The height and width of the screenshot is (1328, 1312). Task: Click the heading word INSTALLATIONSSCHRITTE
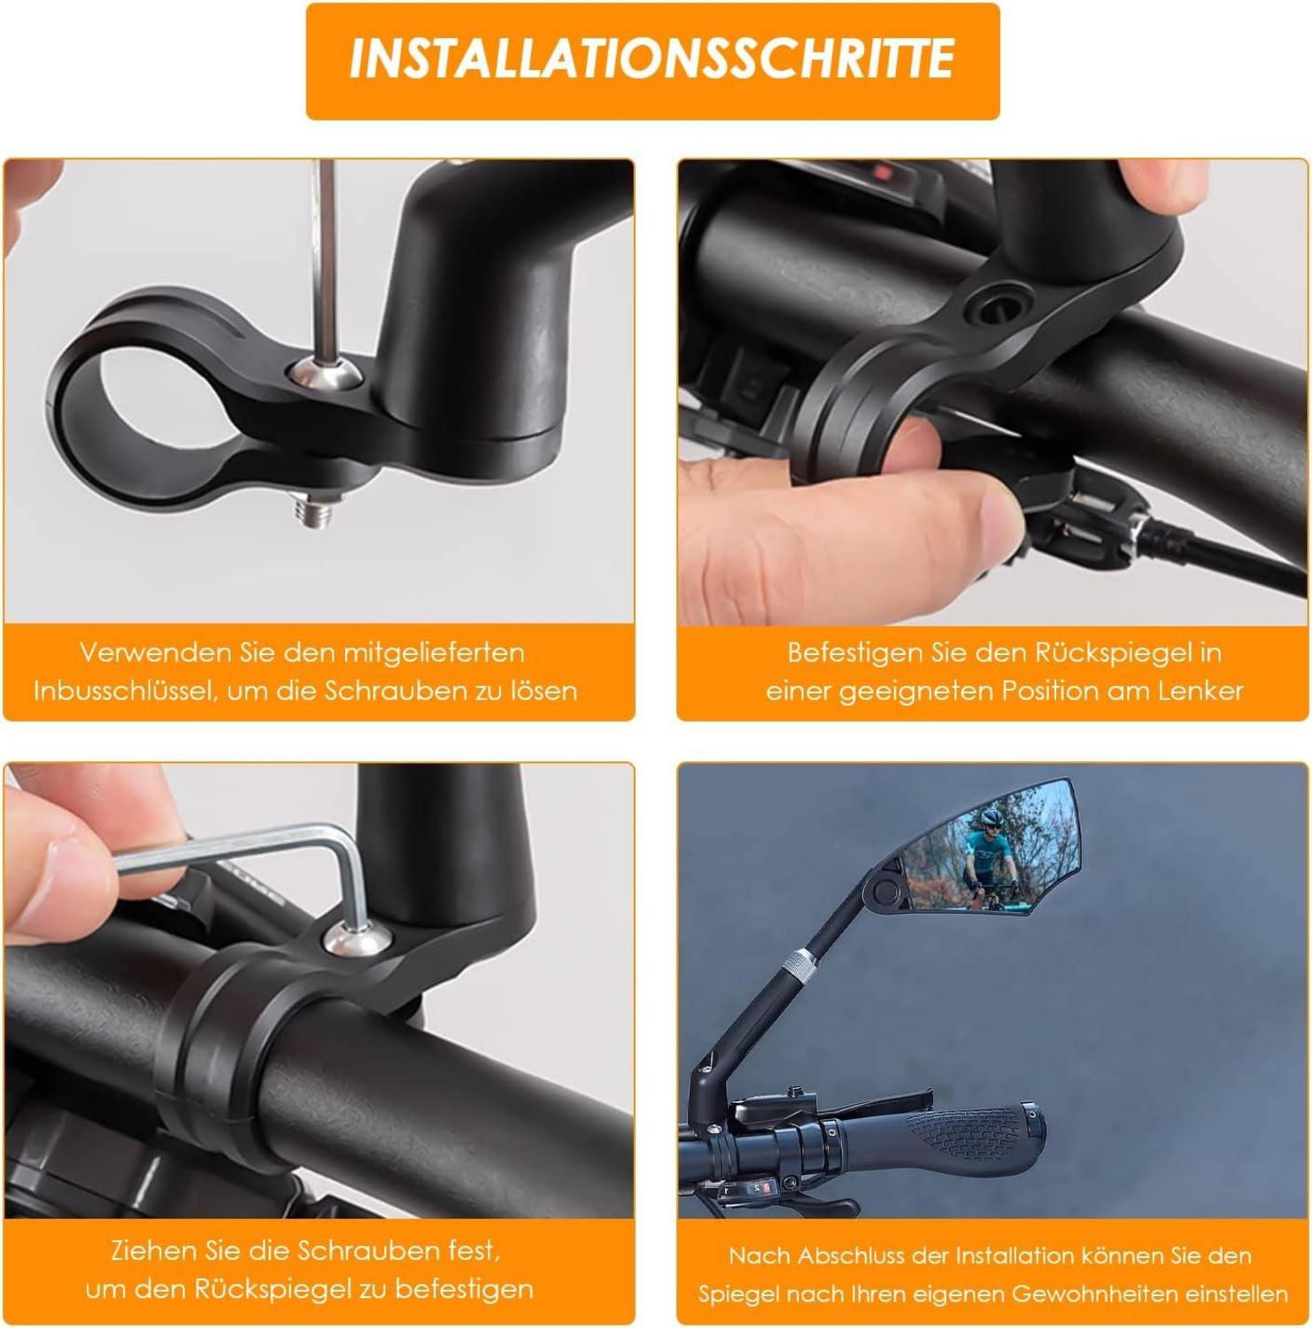pyautogui.click(x=652, y=58)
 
